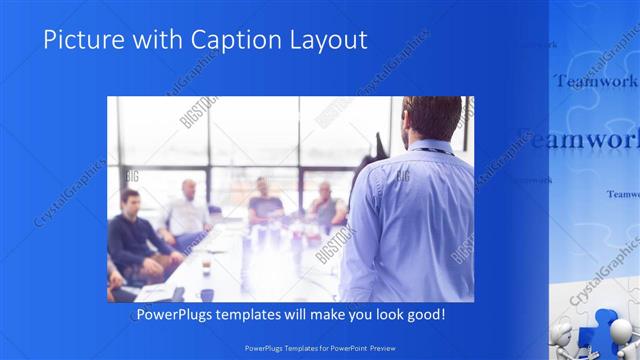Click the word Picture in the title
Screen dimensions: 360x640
point(81,39)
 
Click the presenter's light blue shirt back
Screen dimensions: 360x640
point(415,220)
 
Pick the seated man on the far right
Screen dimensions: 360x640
point(325,205)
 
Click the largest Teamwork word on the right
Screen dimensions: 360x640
point(580,141)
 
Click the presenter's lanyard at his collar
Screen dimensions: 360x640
point(432,150)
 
